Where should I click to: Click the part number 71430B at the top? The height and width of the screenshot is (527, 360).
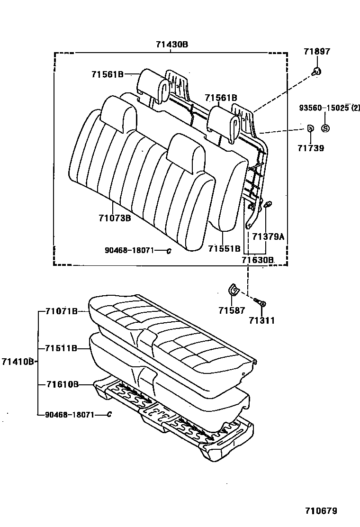tap(172, 45)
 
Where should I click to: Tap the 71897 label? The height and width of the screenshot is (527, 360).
tap(317, 52)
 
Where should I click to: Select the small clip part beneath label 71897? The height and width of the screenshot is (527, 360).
tap(316, 72)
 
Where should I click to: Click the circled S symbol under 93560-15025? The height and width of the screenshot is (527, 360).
tap(325, 128)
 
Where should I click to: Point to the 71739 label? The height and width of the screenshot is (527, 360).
tap(311, 148)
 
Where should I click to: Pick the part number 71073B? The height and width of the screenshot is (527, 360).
tap(115, 218)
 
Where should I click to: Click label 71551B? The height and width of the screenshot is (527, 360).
tap(224, 248)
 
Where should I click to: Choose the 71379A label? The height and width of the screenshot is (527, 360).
tap(268, 236)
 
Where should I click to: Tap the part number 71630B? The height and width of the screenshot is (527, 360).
tap(258, 259)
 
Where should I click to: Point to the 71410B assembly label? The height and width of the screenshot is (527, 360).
tap(18, 362)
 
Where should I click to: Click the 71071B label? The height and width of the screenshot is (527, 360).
tap(62, 311)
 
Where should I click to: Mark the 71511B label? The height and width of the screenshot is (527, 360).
tap(62, 348)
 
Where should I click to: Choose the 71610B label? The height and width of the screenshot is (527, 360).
tap(62, 384)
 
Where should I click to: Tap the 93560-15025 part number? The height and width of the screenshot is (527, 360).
tap(324, 108)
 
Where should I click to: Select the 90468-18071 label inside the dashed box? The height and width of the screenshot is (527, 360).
tap(129, 250)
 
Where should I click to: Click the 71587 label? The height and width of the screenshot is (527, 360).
tap(232, 311)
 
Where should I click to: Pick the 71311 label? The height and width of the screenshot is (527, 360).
tap(261, 321)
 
